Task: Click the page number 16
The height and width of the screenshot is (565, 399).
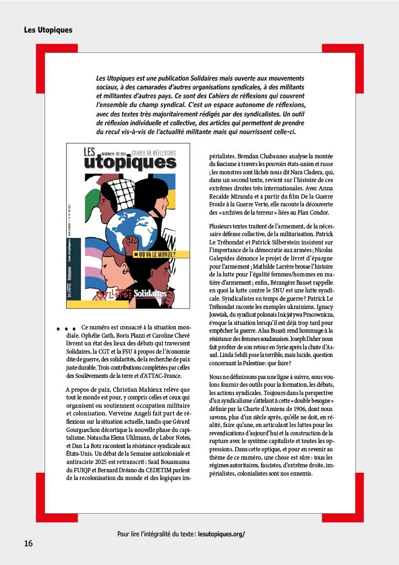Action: click(28, 543)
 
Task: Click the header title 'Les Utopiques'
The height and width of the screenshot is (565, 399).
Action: click(48, 30)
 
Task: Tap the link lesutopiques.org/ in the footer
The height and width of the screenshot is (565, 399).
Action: click(220, 534)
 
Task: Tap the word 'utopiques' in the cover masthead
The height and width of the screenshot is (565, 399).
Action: click(130, 162)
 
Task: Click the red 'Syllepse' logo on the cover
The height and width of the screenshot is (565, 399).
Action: click(114, 294)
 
